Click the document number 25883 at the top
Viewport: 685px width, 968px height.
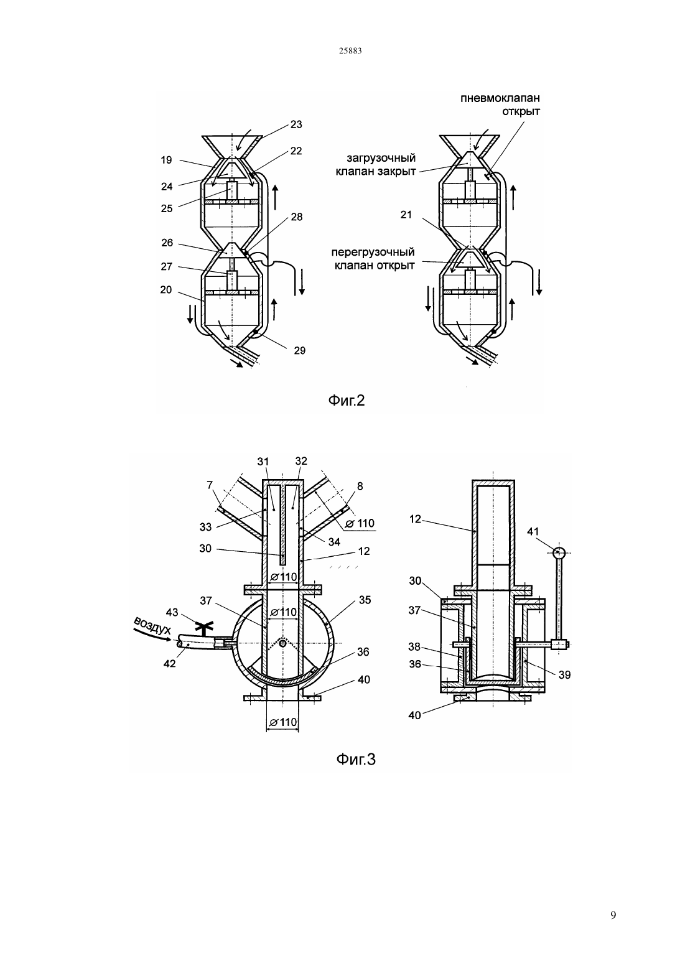coord(350,51)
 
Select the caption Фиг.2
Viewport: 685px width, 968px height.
coord(346,401)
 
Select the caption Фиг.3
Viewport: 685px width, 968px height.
coord(356,759)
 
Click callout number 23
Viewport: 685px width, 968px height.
coord(296,124)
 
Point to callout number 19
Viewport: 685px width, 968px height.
coord(166,161)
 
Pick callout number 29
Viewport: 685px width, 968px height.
coord(299,350)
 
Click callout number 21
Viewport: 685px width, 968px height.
coord(406,215)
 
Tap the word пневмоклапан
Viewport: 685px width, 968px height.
coord(500,98)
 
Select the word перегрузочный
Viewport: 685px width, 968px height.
coord(373,253)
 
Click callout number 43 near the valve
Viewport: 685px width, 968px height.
coord(172,612)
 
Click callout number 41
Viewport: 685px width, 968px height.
coord(533,532)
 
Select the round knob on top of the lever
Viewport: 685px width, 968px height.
coord(559,552)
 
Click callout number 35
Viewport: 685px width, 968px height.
coord(365,600)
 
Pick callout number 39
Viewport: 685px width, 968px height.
coord(564,674)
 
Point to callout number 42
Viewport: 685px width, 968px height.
coord(169,663)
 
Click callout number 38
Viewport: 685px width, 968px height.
coord(414,646)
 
